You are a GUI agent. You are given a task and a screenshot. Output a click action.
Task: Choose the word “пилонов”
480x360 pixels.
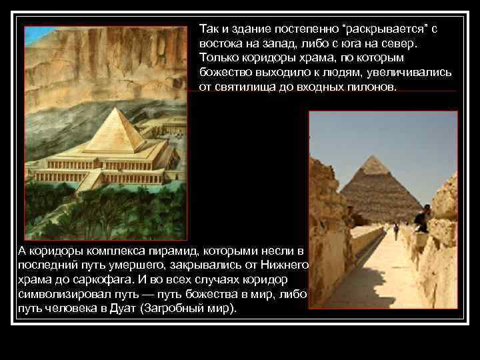tap(370, 87)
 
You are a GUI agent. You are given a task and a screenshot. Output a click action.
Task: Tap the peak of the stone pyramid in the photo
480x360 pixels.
tap(374, 157)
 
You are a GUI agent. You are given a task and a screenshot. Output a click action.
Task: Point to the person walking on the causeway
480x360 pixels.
tap(395, 231)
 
